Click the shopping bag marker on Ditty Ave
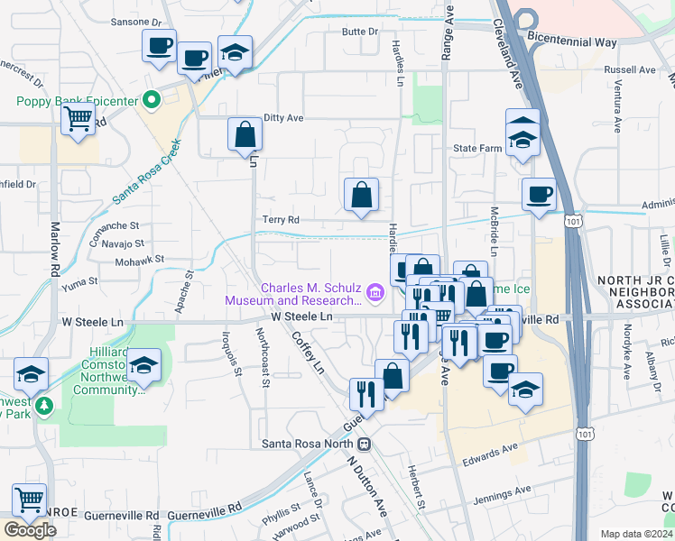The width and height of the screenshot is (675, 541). tap(245, 135)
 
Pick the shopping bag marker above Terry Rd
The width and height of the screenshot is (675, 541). tap(361, 195)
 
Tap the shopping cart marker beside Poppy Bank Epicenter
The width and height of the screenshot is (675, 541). tap(79, 118)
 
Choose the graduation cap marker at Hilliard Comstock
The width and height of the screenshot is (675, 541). tap(143, 366)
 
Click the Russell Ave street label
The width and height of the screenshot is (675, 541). tap(630, 69)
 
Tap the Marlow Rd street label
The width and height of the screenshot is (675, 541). tap(55, 257)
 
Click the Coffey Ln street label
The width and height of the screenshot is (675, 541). tap(307, 352)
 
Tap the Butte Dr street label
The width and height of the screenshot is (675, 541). tap(360, 32)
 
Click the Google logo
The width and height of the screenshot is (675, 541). tap(30, 530)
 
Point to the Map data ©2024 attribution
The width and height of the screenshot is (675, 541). tap(636, 534)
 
